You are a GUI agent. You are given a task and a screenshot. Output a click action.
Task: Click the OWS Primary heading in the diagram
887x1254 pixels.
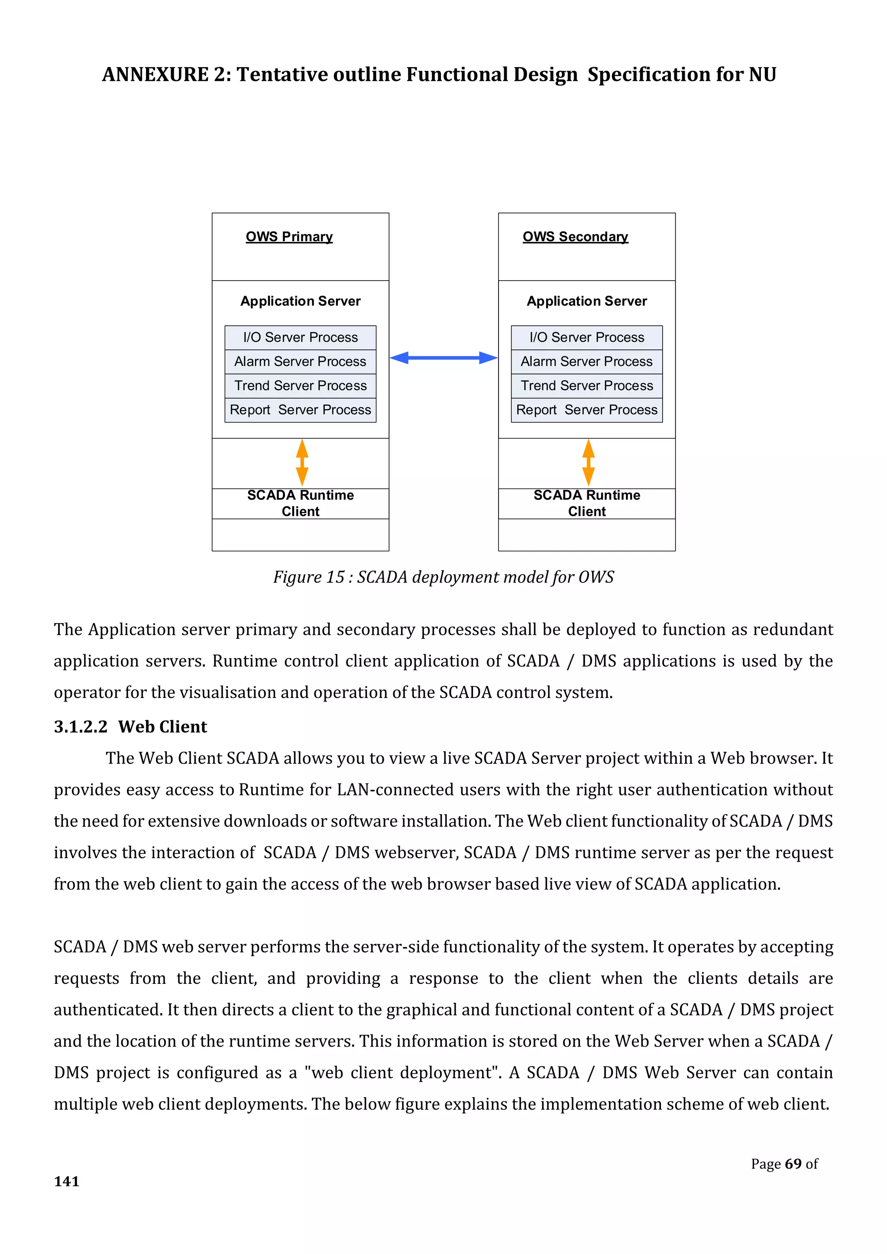coord(289,236)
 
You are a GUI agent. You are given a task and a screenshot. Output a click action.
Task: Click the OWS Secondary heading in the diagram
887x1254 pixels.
coord(575,236)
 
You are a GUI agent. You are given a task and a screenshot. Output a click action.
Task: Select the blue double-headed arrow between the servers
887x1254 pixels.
coord(443,358)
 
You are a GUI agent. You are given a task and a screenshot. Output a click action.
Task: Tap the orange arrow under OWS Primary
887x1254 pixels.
coord(302,462)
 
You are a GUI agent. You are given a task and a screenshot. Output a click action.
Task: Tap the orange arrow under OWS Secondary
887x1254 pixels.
coord(588,462)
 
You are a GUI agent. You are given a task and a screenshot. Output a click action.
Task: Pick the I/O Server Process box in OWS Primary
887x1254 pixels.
coord(301,337)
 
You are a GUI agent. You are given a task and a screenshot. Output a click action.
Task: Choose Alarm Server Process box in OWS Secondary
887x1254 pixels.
coord(586,362)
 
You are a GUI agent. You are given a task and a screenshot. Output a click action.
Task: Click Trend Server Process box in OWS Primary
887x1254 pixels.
coord(301,385)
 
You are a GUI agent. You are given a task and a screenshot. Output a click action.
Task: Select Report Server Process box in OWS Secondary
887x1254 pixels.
coord(586,410)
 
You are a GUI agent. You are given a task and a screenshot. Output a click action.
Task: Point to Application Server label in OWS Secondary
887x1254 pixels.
coord(586,301)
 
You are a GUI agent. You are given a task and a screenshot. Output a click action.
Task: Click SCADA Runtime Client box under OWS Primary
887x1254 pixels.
coord(301,503)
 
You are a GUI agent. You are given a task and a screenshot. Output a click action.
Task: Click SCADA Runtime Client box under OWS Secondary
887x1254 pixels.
coord(586,503)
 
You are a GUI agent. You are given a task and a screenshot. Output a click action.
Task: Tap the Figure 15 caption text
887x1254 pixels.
coord(443,577)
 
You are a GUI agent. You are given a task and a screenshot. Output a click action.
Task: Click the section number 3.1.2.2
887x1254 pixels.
coord(81,727)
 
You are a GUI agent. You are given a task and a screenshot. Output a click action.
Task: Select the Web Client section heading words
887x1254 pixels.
coord(163,727)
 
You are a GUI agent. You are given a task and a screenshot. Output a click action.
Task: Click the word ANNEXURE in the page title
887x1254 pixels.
coord(155,74)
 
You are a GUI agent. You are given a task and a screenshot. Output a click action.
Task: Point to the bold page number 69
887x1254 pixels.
coord(793,1164)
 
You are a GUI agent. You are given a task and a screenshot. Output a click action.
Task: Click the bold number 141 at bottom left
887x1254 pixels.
coord(67,1181)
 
